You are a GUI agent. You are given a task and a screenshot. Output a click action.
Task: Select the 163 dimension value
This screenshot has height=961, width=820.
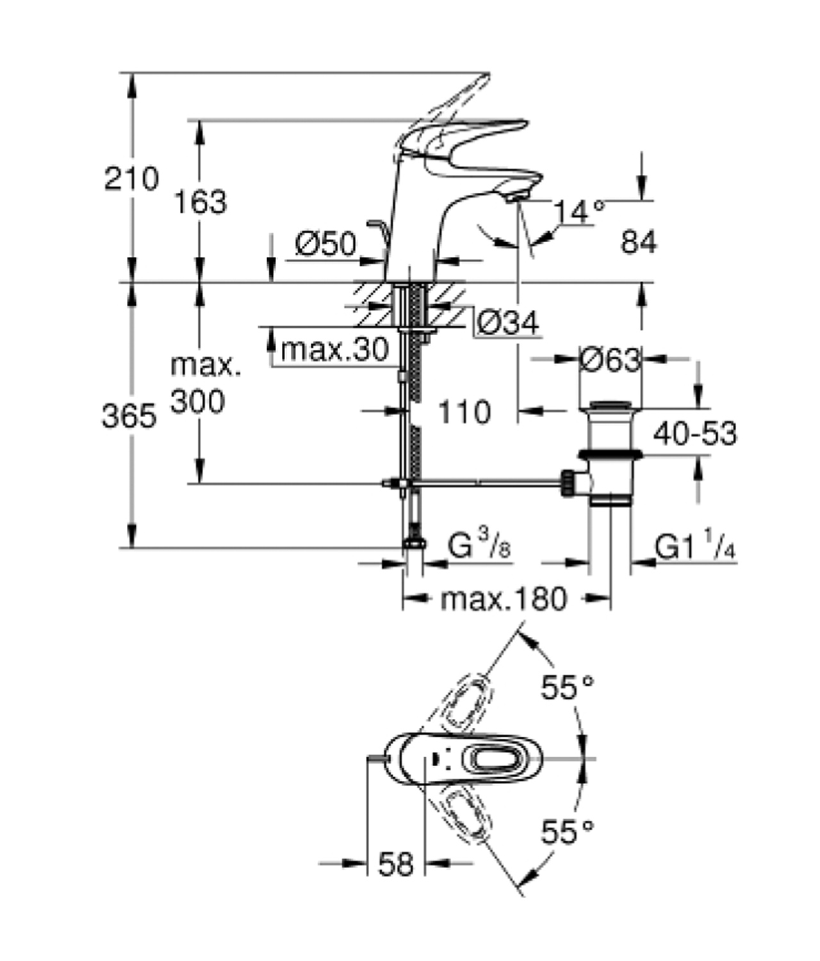click(201, 202)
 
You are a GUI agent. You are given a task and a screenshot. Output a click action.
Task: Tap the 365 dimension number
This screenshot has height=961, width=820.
click(129, 417)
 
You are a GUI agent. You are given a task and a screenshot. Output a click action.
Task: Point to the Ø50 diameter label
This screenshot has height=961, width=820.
click(325, 244)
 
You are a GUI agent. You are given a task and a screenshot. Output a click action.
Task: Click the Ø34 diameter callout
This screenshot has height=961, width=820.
click(509, 323)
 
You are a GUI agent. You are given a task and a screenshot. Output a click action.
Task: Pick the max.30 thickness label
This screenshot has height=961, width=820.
click(334, 350)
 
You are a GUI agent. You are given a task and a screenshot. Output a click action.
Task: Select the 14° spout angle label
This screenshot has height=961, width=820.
click(578, 211)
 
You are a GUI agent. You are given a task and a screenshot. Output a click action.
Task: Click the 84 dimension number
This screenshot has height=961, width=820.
click(639, 243)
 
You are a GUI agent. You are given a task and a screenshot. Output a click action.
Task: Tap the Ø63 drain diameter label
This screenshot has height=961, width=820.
click(610, 360)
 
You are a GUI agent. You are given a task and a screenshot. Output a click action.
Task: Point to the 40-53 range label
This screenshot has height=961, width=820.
click(695, 434)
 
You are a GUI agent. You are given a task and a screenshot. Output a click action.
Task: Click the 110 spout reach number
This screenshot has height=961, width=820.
click(464, 412)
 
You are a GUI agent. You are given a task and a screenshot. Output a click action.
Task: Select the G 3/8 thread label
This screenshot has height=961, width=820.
click(479, 547)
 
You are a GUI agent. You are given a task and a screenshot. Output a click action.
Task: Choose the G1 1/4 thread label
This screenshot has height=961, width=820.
click(694, 547)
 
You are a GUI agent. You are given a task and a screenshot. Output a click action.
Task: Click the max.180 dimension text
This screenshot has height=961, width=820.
click(504, 599)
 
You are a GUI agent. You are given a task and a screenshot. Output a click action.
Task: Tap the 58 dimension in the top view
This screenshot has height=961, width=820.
click(396, 865)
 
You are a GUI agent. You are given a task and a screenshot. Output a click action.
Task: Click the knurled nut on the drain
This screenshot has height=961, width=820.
click(568, 482)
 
